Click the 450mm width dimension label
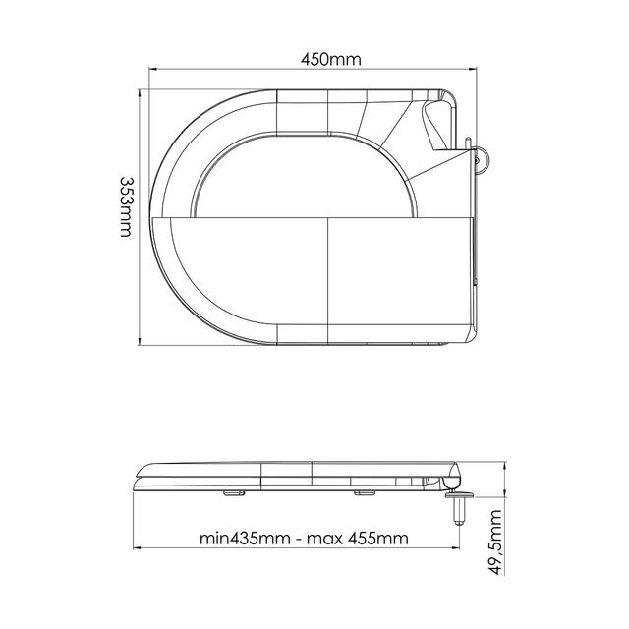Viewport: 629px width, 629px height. pyautogui.click(x=331, y=60)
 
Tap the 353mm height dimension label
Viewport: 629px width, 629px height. pyautogui.click(x=126, y=206)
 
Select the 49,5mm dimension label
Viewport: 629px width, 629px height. pyautogui.click(x=495, y=543)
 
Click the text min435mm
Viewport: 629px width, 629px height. pyautogui.click(x=245, y=538)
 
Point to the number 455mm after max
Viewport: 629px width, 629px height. pyautogui.click(x=377, y=538)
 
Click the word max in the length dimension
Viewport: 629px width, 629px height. pyautogui.click(x=324, y=539)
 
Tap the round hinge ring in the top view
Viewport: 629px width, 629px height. pyautogui.click(x=484, y=159)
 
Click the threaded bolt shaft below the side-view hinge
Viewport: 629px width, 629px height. pyautogui.click(x=459, y=512)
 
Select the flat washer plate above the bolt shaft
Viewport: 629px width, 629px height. pyautogui.click(x=459, y=495)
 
